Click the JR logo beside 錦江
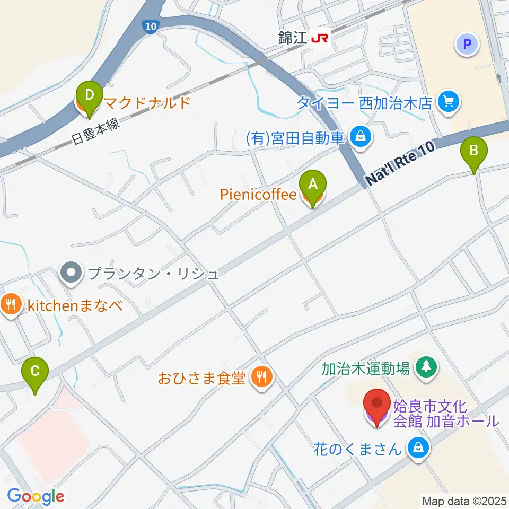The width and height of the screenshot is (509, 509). click(x=319, y=38)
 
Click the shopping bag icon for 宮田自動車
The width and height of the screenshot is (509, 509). click(x=361, y=137)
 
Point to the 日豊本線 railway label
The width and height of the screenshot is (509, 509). click(x=96, y=131)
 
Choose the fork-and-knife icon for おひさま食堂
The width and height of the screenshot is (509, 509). click(x=260, y=377)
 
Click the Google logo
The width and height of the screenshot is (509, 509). click(x=36, y=497)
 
